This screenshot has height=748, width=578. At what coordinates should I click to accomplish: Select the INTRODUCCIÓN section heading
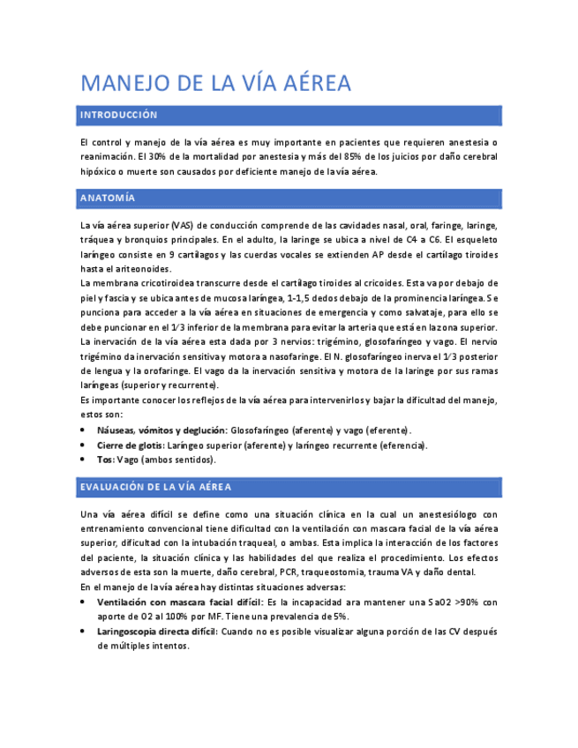pyautogui.click(x=118, y=116)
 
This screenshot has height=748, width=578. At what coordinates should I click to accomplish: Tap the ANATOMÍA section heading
pyautogui.click(x=108, y=198)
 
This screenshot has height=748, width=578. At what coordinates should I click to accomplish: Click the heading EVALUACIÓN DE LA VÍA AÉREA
pyautogui.click(x=155, y=487)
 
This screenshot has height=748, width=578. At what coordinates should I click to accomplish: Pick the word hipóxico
pyautogui.click(x=99, y=172)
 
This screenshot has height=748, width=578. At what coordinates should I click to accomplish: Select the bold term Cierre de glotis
pyautogui.click(x=130, y=445)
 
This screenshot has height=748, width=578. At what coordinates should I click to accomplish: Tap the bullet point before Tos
pyautogui.click(x=84, y=460)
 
